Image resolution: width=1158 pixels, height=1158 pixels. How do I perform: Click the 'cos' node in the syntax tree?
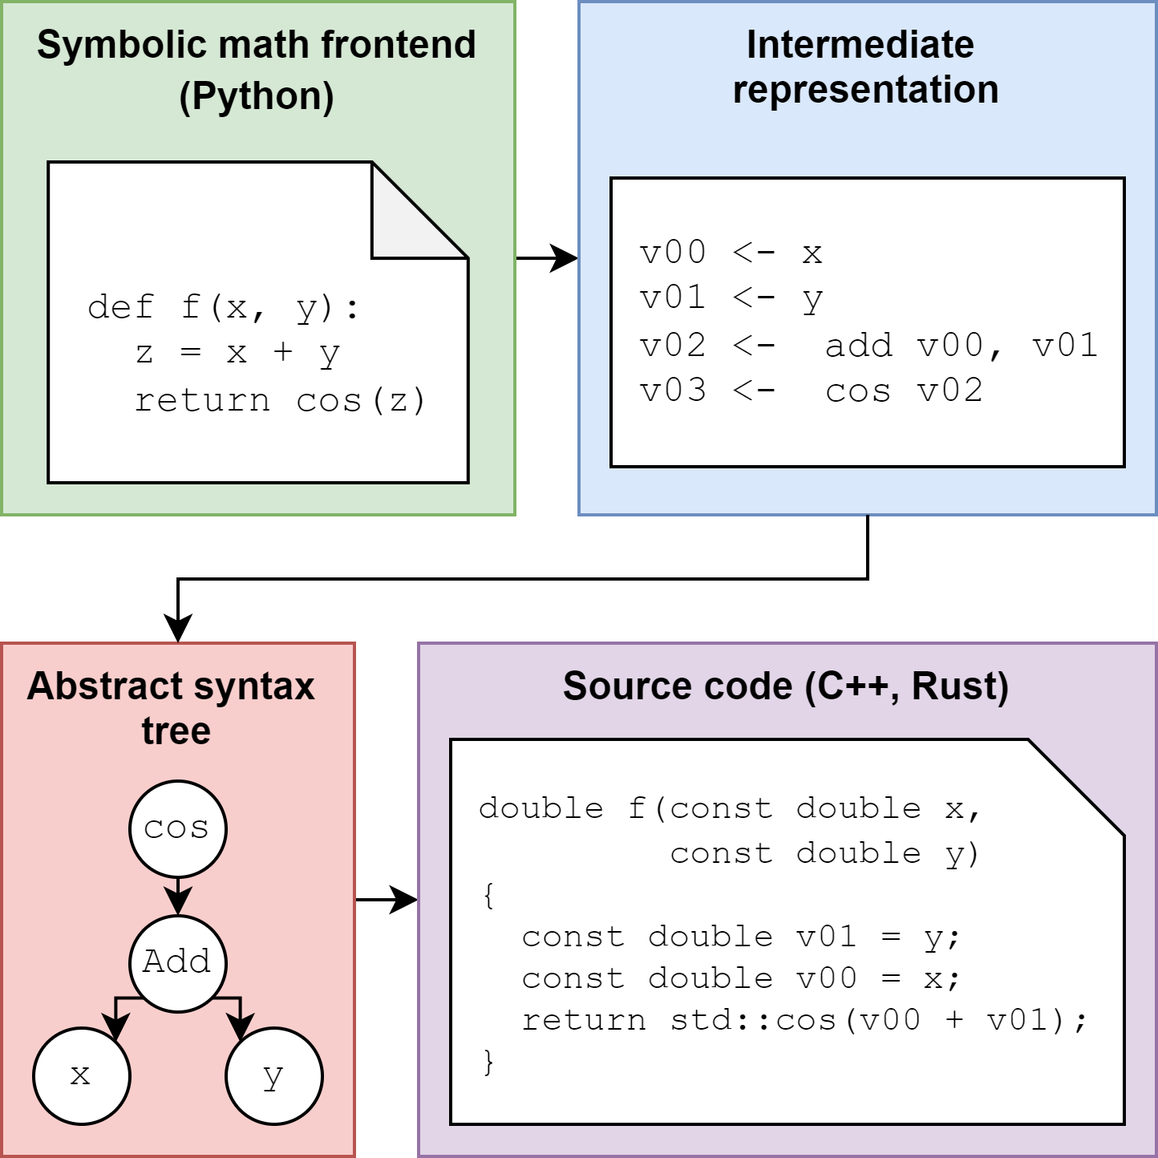177,828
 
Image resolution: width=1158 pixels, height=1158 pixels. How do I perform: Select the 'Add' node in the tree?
177,962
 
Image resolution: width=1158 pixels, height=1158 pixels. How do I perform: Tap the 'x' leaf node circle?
81,1075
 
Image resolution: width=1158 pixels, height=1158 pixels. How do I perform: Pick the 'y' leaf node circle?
273,1075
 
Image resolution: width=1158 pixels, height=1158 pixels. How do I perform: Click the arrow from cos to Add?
177,895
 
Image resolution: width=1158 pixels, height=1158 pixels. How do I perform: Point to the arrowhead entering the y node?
239,1026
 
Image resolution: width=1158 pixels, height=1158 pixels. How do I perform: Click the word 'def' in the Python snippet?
120,307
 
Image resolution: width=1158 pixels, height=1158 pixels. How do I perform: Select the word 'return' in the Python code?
202,400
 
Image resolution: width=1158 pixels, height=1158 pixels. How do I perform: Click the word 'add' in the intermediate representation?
858,346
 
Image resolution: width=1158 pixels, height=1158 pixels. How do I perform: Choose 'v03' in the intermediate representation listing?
673,391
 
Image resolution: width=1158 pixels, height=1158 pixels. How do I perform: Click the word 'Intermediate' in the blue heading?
860,45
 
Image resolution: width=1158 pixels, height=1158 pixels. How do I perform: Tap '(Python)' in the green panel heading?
257,96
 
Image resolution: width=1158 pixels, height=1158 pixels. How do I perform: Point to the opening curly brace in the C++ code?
488,895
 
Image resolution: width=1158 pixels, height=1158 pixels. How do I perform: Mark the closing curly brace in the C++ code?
488,1062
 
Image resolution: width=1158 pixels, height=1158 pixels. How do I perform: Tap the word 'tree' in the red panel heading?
176,731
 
